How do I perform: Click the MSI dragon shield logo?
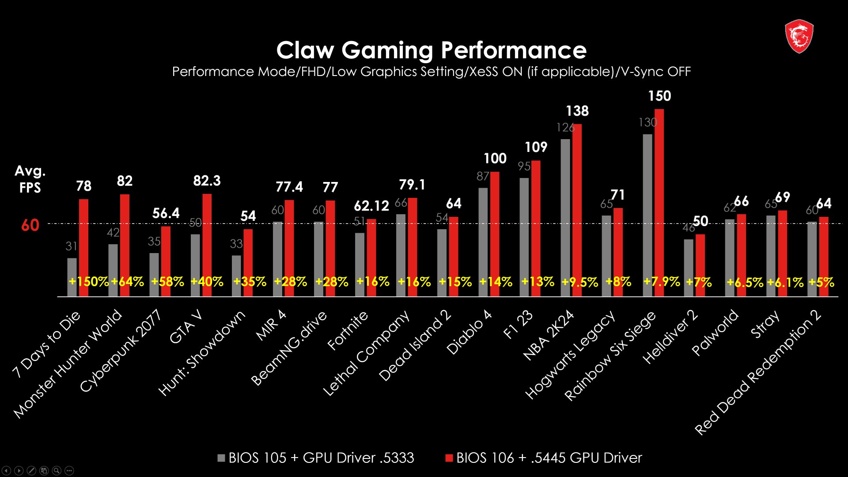coord(799,36)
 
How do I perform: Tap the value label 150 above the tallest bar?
coord(659,96)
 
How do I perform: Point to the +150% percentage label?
coord(88,282)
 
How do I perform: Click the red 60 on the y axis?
coord(30,225)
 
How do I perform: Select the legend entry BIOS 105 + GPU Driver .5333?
coord(316,458)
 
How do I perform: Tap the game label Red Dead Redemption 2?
coord(757,373)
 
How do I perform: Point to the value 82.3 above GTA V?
coord(207,181)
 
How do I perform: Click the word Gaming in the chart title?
coord(387,50)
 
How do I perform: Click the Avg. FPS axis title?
coord(30,179)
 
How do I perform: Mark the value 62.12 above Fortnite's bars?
coord(371,206)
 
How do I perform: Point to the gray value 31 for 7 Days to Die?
coord(71,246)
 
